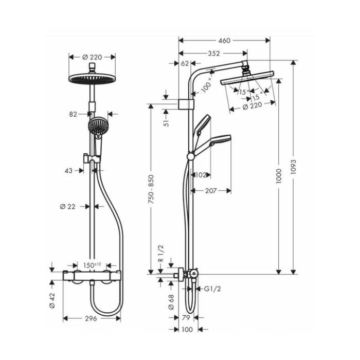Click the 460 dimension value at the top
click(224, 41)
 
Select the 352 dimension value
click(214, 53)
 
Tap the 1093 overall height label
click(293, 167)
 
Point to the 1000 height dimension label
click(279, 176)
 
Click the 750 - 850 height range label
click(151, 189)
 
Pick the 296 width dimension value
click(91, 318)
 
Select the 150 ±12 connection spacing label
click(92, 265)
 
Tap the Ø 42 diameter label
click(52, 300)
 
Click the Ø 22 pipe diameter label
click(68, 207)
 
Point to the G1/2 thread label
click(212, 289)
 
